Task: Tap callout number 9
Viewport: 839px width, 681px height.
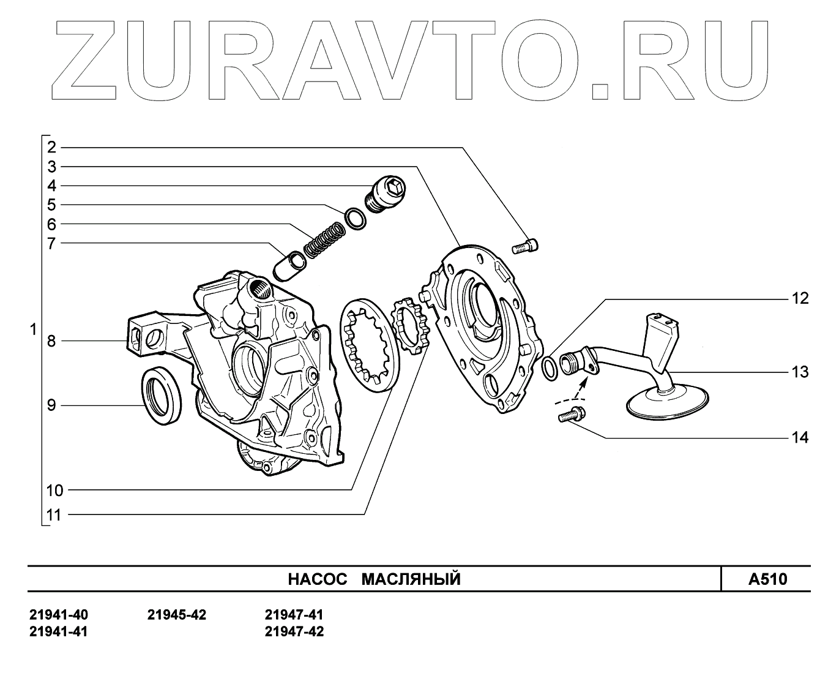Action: tap(51, 405)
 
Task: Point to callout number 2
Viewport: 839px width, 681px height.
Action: tap(51, 147)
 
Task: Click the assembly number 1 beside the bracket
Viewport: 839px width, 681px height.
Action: tap(33, 330)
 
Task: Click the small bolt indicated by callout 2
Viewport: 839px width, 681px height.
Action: tap(524, 247)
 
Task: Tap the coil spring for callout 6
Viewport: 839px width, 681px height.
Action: tap(324, 239)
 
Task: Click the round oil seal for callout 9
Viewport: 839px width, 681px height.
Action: tap(162, 396)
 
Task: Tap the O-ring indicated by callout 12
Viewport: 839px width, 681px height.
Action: tap(550, 367)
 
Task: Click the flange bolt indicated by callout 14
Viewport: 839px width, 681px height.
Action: tap(571, 416)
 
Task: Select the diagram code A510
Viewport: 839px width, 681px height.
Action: tap(767, 579)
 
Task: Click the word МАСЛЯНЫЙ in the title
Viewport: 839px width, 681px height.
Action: tap(411, 579)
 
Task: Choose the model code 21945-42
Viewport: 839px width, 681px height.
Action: tap(177, 615)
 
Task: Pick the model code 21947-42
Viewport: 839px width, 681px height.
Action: tap(294, 631)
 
